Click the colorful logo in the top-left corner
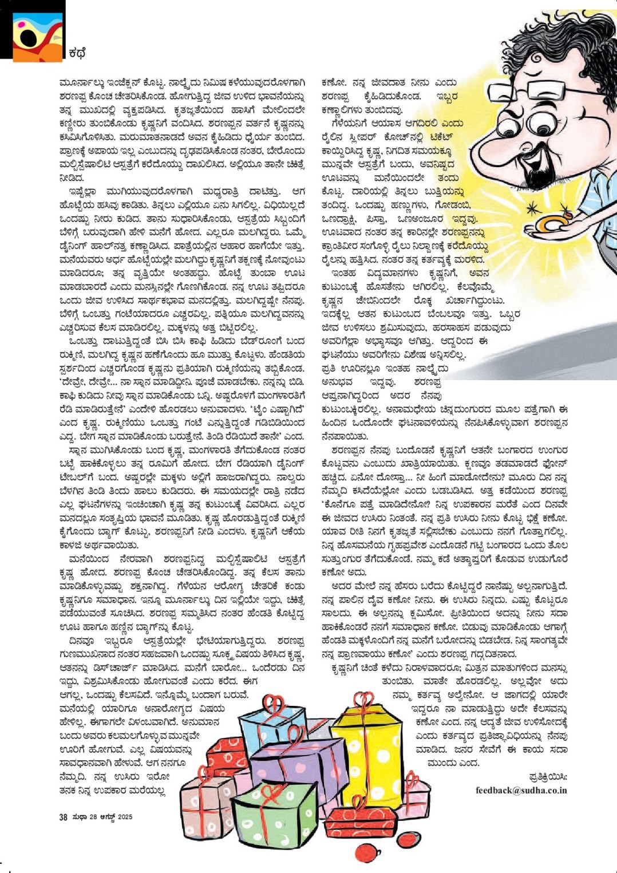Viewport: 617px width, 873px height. (35, 31)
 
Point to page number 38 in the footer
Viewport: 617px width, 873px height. (63, 817)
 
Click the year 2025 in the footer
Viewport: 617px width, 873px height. (125, 817)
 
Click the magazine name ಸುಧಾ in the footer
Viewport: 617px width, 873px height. (79, 817)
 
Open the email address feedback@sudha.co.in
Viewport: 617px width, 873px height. (521, 790)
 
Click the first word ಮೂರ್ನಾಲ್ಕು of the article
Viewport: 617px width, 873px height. (78, 82)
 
